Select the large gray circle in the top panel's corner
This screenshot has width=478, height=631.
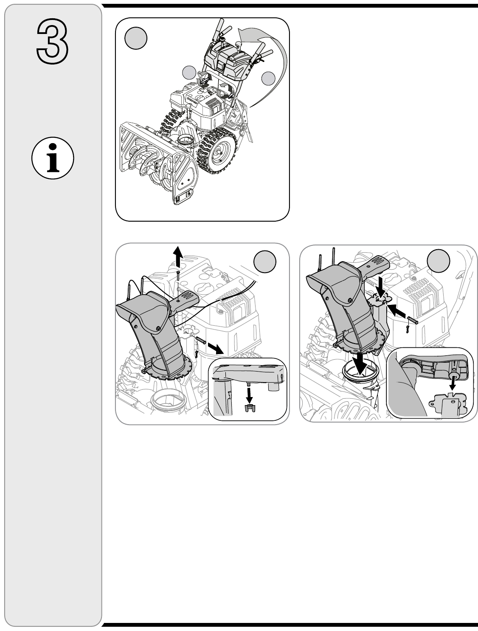(136, 39)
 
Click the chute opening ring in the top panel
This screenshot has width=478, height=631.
(185, 139)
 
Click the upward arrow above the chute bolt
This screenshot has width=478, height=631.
(178, 257)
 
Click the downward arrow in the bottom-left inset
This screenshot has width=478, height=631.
(249, 394)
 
